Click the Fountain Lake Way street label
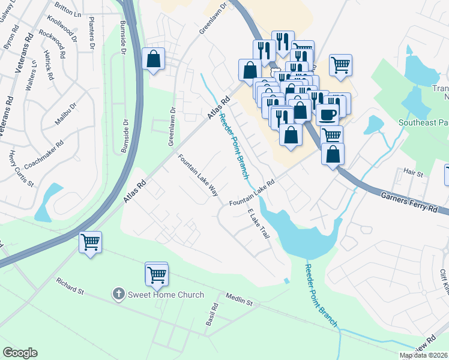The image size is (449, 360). [197, 175]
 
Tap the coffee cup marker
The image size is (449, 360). [327, 113]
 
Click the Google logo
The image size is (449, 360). [20, 352]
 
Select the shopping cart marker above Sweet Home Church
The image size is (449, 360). [157, 274]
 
